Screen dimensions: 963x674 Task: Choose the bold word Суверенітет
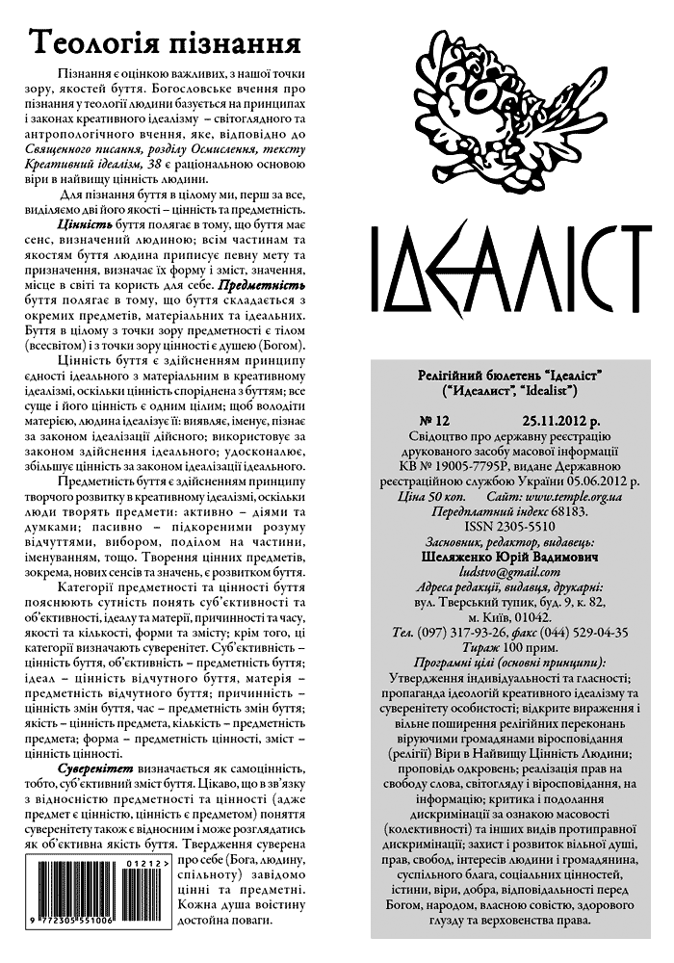coord(94,771)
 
